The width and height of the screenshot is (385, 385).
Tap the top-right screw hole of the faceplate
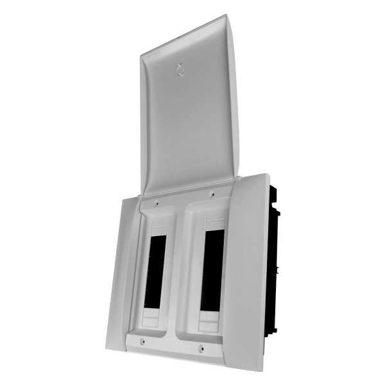tap(212, 193)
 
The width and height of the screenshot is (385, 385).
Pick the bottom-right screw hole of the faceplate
tap(201, 349)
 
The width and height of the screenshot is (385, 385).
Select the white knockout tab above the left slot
tap(158, 225)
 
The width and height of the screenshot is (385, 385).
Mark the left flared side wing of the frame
tap(118, 269)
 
